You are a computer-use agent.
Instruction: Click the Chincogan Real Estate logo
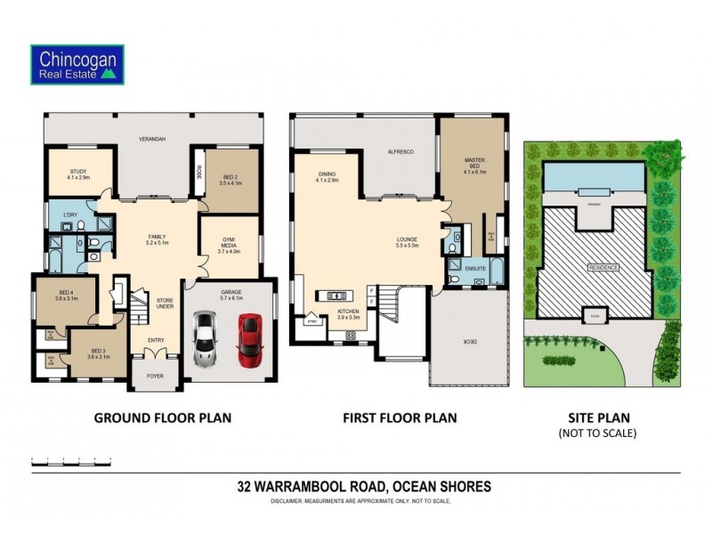pyautogui.click(x=77, y=65)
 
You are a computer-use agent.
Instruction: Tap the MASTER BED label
pyautogui.click(x=472, y=164)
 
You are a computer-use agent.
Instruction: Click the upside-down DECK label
pyautogui.click(x=469, y=341)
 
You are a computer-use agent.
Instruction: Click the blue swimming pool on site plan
pyautogui.click(x=592, y=175)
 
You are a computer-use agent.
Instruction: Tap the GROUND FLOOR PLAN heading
pyautogui.click(x=163, y=417)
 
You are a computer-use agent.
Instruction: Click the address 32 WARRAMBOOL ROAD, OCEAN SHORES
pyautogui.click(x=364, y=487)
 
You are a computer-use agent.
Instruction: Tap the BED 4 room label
pyautogui.click(x=66, y=295)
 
